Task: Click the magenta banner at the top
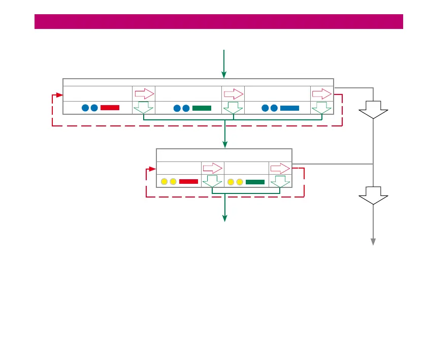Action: (218, 21)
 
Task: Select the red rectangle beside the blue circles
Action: (110, 108)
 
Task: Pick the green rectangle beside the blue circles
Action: (202, 108)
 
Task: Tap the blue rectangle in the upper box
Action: (289, 108)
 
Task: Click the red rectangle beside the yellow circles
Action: (188, 181)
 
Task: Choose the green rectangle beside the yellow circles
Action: (255, 181)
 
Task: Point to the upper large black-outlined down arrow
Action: (373, 109)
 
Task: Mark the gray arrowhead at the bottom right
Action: (373, 242)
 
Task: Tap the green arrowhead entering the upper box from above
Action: (224, 75)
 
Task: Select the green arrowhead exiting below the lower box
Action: (224, 218)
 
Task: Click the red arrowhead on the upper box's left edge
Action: (59, 94)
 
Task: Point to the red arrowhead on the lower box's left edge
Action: (153, 169)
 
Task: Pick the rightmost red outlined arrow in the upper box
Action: (321, 94)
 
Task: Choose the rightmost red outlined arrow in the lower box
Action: (280, 168)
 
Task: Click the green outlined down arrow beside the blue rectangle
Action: (321, 108)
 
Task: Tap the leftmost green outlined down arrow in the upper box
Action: (144, 108)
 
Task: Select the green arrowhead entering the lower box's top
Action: (224, 145)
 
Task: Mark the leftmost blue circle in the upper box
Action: (85, 108)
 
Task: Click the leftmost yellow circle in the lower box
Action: (164, 181)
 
